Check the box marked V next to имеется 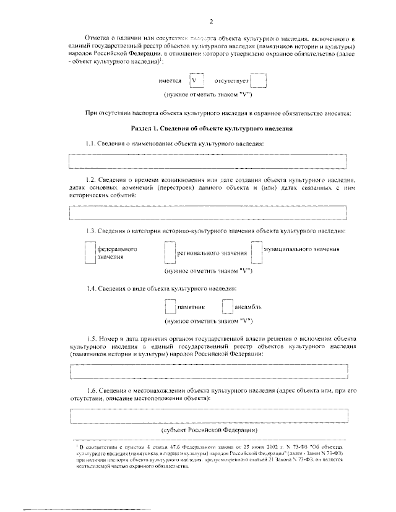(196, 80)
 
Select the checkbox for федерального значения (90, 253)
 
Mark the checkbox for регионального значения (170, 253)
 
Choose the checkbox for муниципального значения (257, 253)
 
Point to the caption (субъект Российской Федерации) (208, 430)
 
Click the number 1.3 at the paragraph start (92, 231)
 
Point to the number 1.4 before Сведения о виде (92, 288)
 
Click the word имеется (170, 81)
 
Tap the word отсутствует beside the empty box (231, 81)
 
